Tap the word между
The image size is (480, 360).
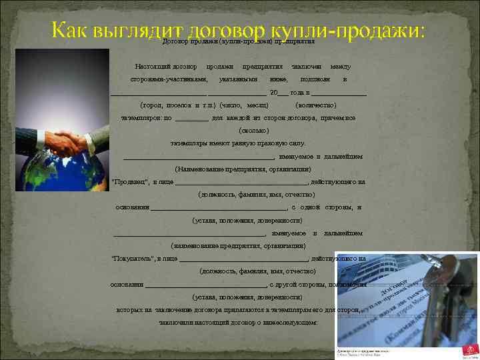click(340, 67)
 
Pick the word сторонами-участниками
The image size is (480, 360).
click(164, 79)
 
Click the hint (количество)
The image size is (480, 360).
click(315, 105)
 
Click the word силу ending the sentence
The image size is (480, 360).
click(297, 143)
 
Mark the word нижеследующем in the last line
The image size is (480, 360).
click(292, 322)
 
